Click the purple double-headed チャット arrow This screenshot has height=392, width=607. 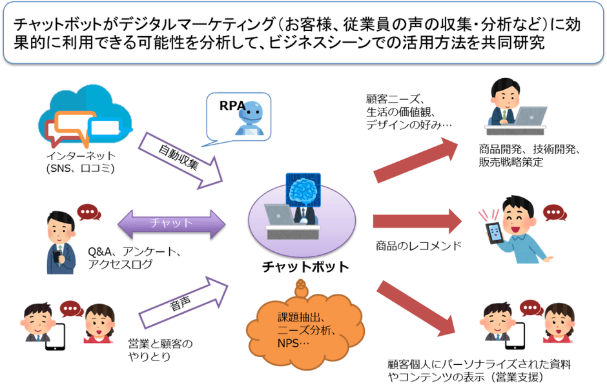coord(171,223)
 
